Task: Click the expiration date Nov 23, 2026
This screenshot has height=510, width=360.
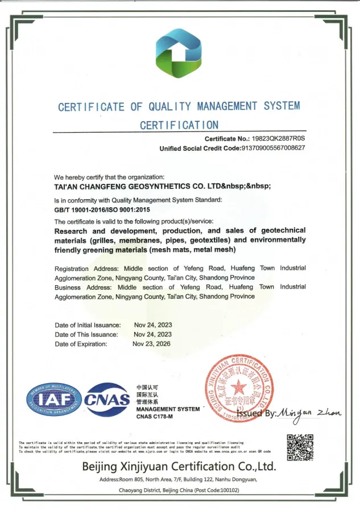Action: click(x=151, y=344)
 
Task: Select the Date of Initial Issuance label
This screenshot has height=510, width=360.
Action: click(x=87, y=325)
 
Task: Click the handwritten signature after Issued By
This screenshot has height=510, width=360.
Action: click(x=311, y=412)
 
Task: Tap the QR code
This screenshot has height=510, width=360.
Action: click(x=299, y=447)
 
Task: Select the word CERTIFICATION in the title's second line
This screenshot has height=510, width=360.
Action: click(x=179, y=125)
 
